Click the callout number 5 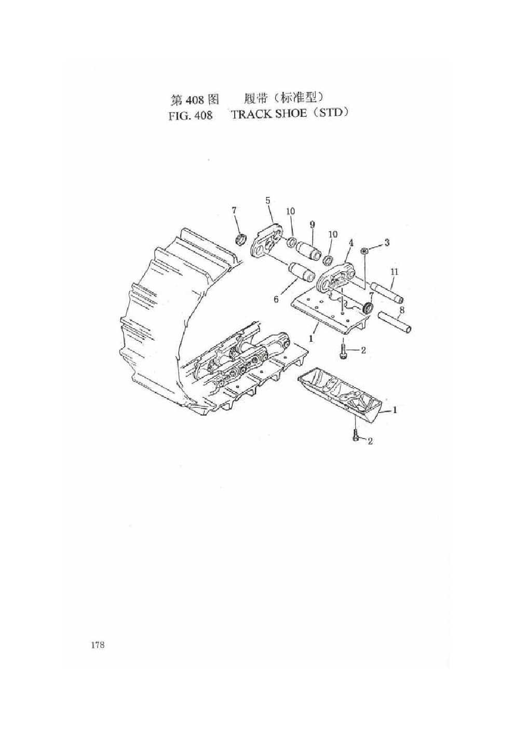(267, 201)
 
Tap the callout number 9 (312, 224)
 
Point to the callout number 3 (386, 242)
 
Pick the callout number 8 (402, 310)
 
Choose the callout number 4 (350, 243)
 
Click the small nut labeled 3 (364, 250)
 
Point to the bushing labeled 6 (301, 271)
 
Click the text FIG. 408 (191, 115)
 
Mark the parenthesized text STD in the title (330, 114)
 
